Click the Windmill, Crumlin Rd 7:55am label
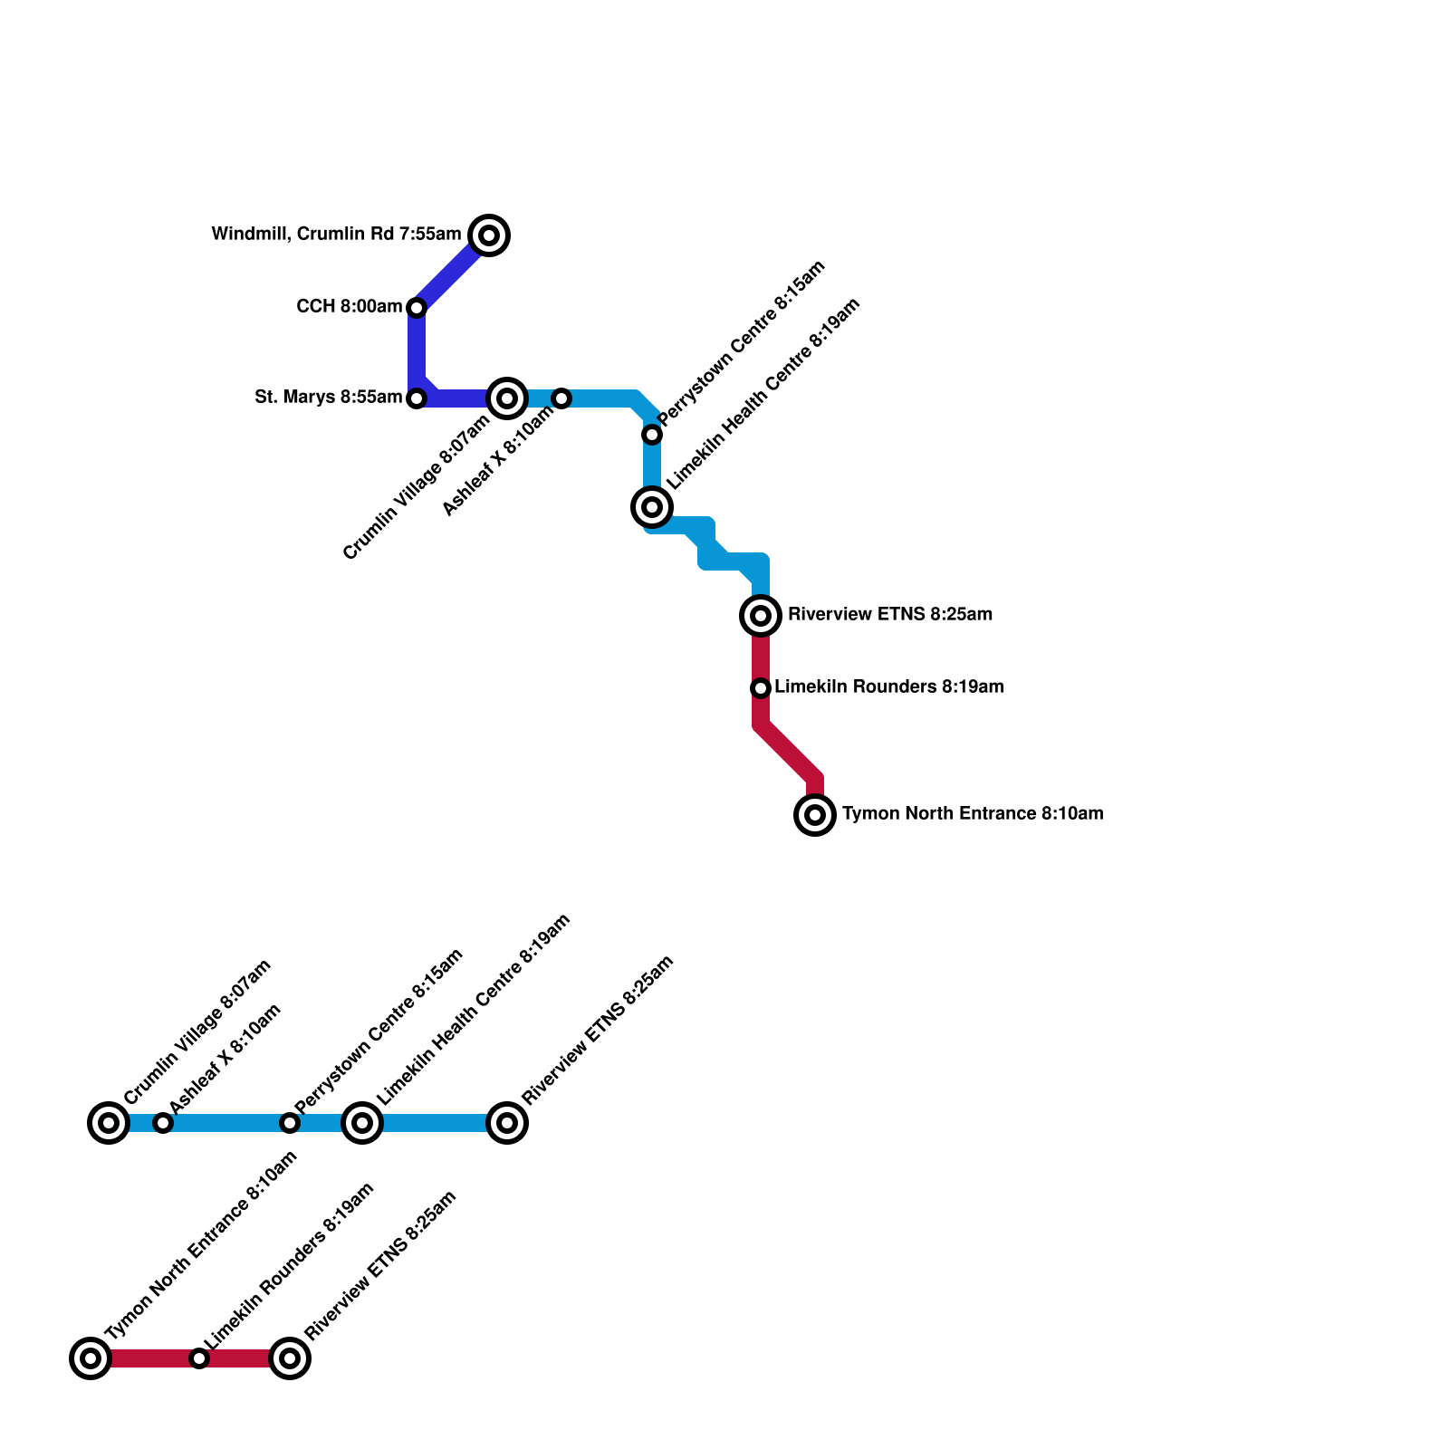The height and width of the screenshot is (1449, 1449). coord(336,235)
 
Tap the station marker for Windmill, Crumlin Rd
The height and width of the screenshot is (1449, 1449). coord(489,235)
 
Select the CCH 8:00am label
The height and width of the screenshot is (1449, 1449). coord(349,307)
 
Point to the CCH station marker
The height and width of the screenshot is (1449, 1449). coord(417,308)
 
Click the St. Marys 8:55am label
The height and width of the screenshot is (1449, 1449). coord(328,398)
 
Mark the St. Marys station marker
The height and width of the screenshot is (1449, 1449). coord(417,398)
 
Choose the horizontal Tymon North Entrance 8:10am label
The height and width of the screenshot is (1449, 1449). coord(972,814)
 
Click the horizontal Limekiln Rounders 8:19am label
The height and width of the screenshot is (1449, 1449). coord(888,687)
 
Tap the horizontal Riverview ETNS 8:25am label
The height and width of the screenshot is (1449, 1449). coord(889,615)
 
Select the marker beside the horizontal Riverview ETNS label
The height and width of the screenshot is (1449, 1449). coord(761,616)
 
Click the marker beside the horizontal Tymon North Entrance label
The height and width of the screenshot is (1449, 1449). coord(815,815)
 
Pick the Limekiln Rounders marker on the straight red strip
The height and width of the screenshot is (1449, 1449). coord(199,1358)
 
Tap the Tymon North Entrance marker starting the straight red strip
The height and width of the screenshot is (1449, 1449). coord(91,1358)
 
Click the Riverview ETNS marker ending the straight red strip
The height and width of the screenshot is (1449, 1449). coord(290,1358)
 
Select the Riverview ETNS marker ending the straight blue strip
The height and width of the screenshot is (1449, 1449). coord(507,1123)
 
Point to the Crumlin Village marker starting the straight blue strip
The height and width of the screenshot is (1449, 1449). coord(109,1123)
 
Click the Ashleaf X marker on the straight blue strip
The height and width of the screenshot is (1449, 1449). coord(163,1123)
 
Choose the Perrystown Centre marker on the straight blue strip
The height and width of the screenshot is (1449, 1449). coord(290,1123)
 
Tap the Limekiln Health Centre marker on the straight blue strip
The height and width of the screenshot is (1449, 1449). coord(362,1123)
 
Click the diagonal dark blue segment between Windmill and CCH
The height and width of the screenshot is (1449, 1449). coord(450,273)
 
